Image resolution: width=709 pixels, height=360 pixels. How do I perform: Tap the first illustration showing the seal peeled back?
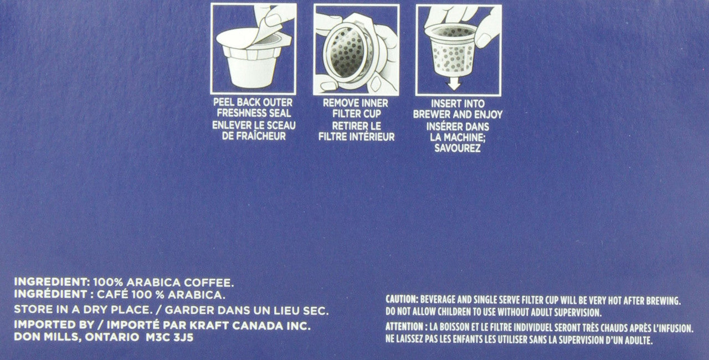[253, 48]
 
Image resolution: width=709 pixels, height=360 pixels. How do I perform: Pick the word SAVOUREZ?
[458, 148]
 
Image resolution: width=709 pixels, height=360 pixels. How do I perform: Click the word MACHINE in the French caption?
[464, 137]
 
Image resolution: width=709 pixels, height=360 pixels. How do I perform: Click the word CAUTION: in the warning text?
[403, 300]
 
